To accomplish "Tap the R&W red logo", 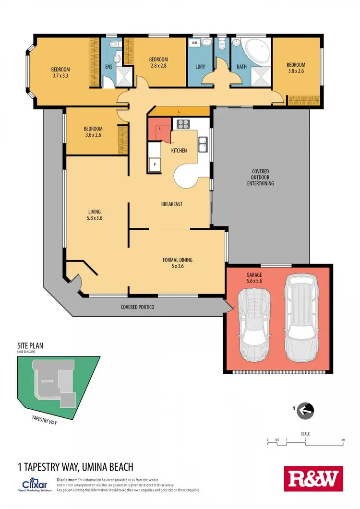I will [314, 478].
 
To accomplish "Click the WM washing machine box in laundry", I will [195, 43].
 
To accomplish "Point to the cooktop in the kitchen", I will [183, 124].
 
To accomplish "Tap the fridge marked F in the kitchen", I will [155, 165].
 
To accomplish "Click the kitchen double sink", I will [204, 143].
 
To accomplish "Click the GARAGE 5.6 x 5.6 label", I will [255, 279].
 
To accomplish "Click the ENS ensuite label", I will [108, 67].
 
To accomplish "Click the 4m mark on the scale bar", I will [343, 439].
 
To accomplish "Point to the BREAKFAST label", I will [171, 204].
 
